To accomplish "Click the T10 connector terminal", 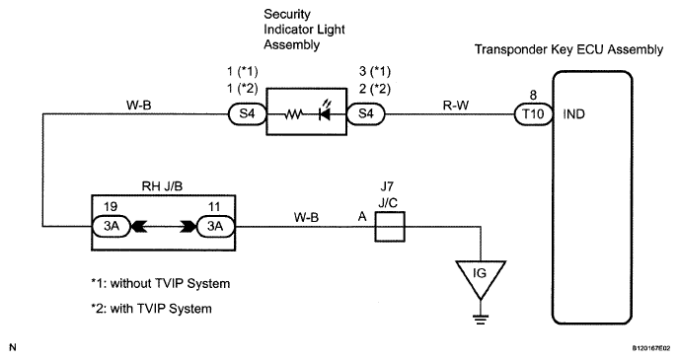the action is coord(533,114).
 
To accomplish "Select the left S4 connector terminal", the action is coord(248,114).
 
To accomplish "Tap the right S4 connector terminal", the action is coord(366,114).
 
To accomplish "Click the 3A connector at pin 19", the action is coord(112,226).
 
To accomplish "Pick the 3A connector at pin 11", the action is coord(215,226).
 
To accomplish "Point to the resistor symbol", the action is coord(293,114).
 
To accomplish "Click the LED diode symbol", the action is coord(325,111).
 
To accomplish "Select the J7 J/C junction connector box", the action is coord(389,226).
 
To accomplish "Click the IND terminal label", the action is coord(573,114).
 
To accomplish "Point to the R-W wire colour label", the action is coord(456,106).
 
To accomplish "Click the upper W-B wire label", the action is coord(138,106).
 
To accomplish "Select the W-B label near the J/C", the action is coord(306,217).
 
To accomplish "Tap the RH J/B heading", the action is coord(162,186).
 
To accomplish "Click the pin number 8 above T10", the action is coord(533,96).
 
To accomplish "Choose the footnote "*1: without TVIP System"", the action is coord(161,284).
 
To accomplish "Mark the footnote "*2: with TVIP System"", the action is coord(152,309).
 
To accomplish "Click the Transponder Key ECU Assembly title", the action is coord(568,49).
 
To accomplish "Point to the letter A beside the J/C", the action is coord(362,217).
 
